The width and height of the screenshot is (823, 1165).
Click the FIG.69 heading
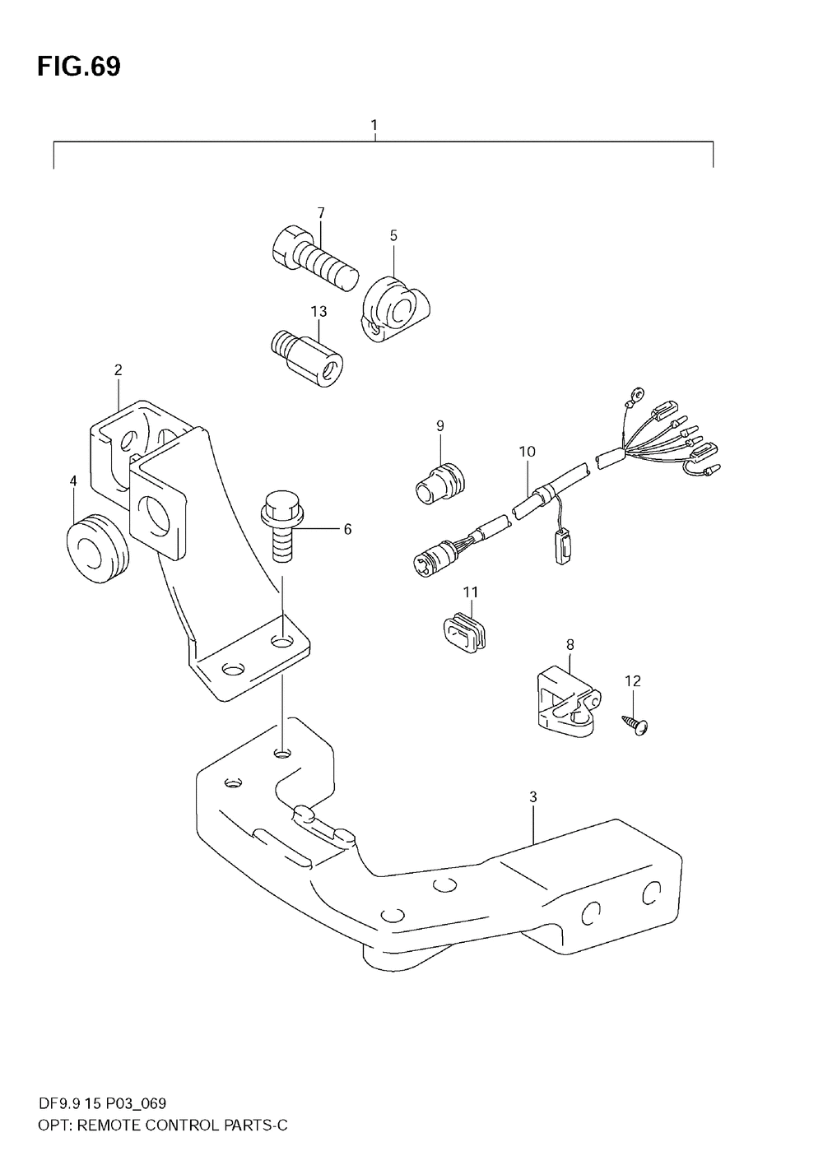[x=78, y=67]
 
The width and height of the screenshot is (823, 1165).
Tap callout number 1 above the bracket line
[x=374, y=125]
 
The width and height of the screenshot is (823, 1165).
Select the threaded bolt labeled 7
[x=313, y=258]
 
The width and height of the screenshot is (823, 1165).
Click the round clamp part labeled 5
[x=398, y=311]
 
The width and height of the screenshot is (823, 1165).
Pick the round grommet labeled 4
[x=96, y=549]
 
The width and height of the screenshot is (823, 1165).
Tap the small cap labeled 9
[x=439, y=482]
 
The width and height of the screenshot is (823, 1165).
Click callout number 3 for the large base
[x=533, y=796]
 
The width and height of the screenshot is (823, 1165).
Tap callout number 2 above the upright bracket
[x=118, y=370]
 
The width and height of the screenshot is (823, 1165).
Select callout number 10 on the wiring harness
[x=527, y=451]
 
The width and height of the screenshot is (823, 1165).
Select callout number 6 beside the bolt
[x=347, y=529]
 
